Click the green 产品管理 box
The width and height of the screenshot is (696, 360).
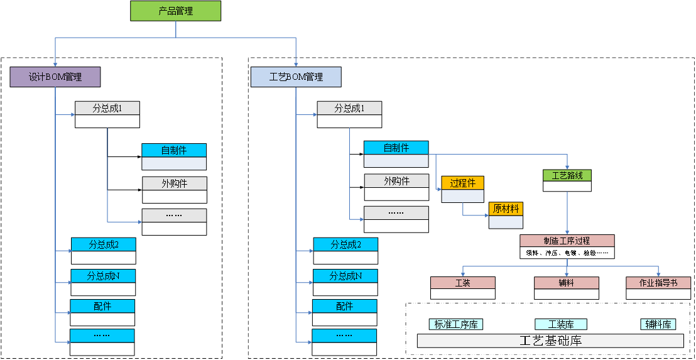175,11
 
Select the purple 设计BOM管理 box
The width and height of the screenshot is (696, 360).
55,77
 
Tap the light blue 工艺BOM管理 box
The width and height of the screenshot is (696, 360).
296,77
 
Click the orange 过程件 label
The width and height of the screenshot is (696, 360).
463,183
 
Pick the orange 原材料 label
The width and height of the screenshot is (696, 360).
506,209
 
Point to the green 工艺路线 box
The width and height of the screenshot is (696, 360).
567,176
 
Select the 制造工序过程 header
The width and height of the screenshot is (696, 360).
567,241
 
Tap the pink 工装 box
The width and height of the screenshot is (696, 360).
462,283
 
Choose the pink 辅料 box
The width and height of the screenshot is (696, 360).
566,283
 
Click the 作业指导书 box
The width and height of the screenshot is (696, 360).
658,283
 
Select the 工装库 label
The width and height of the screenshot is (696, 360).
560,325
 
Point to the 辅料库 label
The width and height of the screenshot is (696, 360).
658,325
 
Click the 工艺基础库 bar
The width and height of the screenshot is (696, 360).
550,341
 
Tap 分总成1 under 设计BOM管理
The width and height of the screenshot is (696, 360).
107,108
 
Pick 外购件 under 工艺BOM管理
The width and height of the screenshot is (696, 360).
396,181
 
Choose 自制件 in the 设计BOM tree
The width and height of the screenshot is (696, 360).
174,151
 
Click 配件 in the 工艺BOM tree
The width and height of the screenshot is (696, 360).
344,307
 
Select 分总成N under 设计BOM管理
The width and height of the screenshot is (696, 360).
103,276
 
